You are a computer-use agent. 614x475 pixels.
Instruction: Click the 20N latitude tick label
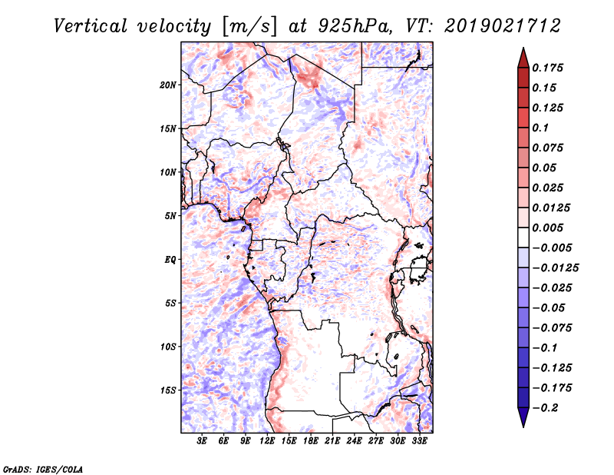168,85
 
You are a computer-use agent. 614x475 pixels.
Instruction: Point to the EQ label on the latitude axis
170,260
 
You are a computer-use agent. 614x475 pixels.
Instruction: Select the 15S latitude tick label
168,390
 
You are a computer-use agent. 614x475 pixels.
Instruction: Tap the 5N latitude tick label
170,216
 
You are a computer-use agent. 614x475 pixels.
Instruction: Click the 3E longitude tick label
202,441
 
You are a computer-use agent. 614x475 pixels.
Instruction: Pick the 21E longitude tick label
332,441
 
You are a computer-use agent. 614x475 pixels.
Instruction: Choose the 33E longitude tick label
419,441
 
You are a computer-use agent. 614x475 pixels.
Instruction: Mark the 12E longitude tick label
267,441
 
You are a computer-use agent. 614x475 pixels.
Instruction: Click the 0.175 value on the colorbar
547,68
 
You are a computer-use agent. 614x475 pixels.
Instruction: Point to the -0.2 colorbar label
545,408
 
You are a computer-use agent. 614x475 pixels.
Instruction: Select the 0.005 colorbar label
547,228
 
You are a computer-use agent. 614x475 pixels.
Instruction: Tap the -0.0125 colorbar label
555,268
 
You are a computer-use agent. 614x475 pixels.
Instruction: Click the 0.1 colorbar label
540,128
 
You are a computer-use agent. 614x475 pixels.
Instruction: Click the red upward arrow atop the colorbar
523,58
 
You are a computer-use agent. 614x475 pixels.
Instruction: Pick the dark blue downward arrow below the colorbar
523,417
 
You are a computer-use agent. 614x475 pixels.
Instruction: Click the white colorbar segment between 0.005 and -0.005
523,237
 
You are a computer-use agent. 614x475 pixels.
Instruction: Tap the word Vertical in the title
91,26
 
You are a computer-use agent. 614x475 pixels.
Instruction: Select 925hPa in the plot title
355,26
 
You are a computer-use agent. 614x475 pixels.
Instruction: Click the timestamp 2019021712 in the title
503,26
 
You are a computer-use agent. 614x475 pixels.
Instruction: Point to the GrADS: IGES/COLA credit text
43,469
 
